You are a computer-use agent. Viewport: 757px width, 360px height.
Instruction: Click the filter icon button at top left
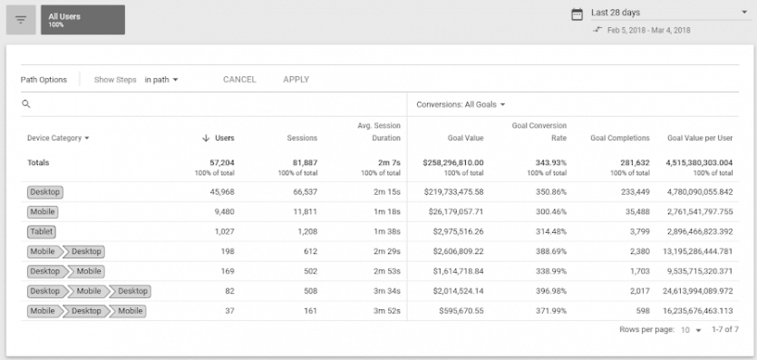(20, 19)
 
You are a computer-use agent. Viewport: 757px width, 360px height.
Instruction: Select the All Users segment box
(82, 20)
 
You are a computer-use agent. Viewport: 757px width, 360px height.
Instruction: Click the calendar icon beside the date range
(577, 14)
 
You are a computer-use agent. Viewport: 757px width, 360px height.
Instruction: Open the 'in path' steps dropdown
(161, 80)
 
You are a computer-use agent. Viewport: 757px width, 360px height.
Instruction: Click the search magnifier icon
(27, 104)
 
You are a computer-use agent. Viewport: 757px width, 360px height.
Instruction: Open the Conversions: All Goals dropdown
(461, 104)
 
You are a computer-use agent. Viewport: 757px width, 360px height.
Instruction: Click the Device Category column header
(59, 138)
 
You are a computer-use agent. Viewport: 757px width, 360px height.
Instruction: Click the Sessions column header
(302, 138)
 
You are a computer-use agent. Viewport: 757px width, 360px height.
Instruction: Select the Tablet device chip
(42, 231)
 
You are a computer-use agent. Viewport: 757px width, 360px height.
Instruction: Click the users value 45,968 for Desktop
(218, 192)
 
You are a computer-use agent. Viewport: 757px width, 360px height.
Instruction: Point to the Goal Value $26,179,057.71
(454, 212)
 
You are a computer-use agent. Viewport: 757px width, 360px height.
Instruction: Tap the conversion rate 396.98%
(548, 291)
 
